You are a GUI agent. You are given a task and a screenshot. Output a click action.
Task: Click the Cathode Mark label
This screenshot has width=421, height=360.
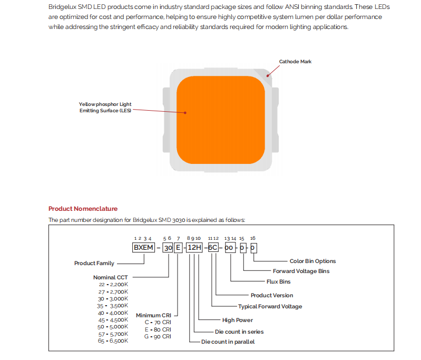point(295,62)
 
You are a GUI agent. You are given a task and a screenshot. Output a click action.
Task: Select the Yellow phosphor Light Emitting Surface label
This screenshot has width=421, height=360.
point(105,108)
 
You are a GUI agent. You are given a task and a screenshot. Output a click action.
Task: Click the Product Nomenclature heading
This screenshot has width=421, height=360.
point(83,209)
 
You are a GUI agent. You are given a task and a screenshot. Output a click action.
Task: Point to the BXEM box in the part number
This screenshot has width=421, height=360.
point(143,247)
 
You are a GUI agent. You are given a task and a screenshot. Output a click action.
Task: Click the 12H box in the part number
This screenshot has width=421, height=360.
point(194,247)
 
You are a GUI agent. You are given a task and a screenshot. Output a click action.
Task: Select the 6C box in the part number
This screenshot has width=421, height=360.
point(213,247)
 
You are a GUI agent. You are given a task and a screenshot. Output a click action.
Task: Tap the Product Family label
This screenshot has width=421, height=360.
point(94,263)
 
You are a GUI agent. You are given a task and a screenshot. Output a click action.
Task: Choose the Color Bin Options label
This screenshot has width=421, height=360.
point(312,261)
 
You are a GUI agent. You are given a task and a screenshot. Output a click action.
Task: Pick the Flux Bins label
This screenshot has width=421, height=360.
point(278,281)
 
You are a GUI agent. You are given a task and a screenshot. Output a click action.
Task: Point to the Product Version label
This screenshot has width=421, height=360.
point(271,295)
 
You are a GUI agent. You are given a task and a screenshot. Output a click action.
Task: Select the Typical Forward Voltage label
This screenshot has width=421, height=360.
point(270,306)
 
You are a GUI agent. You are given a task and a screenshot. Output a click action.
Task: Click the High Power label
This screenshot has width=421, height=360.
point(237,320)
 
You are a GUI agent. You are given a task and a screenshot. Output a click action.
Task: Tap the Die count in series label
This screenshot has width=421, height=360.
point(239,332)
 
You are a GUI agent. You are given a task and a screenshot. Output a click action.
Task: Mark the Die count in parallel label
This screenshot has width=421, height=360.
point(228,342)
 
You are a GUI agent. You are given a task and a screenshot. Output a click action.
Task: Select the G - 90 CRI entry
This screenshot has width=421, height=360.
point(157,336)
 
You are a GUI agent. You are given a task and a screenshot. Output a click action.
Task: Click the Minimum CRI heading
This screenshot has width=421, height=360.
point(154,315)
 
